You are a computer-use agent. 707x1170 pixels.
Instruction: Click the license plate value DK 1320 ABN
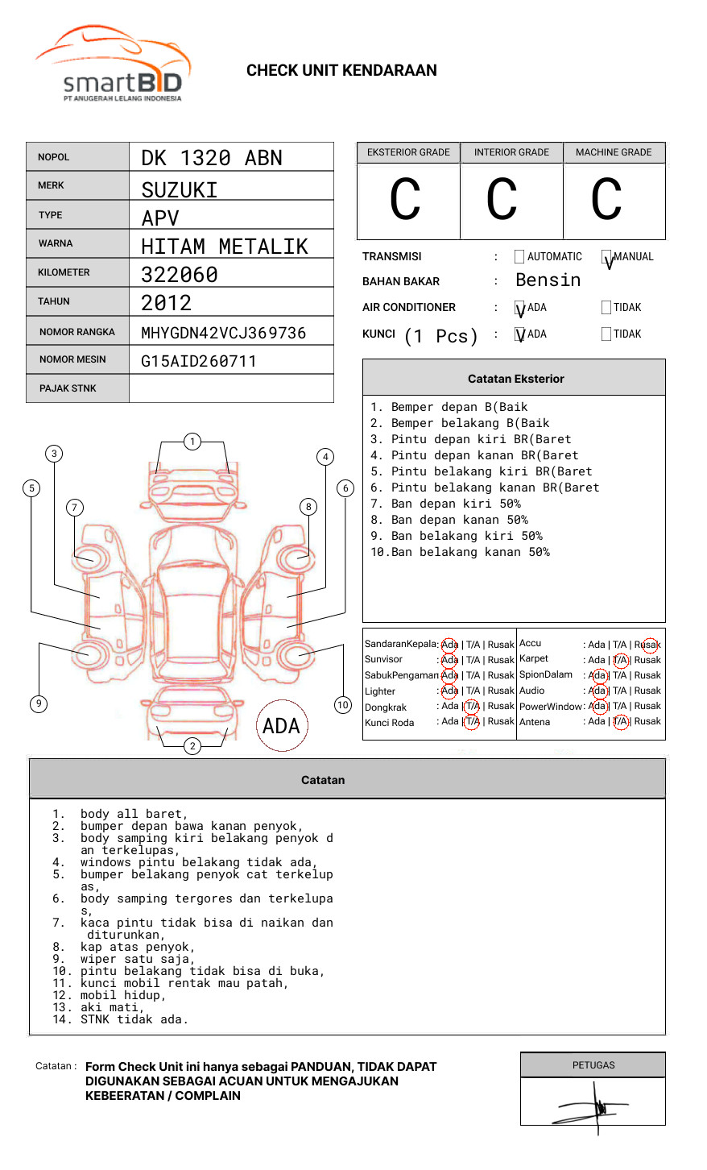(x=212, y=158)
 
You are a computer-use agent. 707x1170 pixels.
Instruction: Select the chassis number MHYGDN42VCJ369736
(x=223, y=333)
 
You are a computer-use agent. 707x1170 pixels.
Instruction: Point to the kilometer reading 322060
(x=180, y=275)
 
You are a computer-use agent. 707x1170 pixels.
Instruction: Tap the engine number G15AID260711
(x=199, y=361)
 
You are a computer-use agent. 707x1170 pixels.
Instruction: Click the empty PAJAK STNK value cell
(x=231, y=388)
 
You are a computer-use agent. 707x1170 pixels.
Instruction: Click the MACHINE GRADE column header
(x=614, y=152)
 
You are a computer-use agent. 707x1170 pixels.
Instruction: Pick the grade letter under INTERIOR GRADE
(x=502, y=200)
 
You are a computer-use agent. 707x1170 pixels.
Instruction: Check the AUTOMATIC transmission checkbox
(x=519, y=257)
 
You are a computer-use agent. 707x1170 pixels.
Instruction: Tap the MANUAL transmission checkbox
(x=606, y=257)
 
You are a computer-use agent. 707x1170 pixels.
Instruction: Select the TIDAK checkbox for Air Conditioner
(x=606, y=307)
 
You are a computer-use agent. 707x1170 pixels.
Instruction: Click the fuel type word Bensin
(x=548, y=280)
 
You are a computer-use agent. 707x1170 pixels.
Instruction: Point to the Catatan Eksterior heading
(x=515, y=379)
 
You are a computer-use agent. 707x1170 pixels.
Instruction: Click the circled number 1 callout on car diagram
(x=192, y=441)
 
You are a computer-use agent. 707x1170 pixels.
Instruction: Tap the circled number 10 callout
(x=343, y=705)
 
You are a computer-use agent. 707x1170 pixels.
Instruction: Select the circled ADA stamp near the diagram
(x=281, y=726)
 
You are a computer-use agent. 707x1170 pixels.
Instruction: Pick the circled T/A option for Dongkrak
(x=472, y=707)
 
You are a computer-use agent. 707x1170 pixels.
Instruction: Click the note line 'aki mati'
(x=112, y=1007)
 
